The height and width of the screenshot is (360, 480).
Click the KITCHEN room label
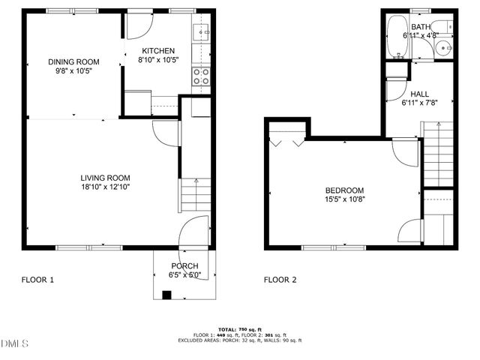point(158,51)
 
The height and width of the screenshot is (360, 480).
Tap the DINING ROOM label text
point(73,61)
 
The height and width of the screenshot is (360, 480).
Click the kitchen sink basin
point(200,31)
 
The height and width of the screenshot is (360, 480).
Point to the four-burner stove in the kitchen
point(200,76)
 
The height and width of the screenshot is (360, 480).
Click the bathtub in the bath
point(397,38)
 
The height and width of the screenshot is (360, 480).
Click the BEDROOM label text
point(344,190)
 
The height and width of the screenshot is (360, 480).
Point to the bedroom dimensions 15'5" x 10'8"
point(344,200)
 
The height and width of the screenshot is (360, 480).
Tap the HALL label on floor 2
point(419,94)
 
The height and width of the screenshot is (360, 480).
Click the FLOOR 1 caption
point(37,280)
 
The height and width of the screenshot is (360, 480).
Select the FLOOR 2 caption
point(280,280)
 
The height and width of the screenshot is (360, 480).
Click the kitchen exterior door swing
point(139,27)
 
